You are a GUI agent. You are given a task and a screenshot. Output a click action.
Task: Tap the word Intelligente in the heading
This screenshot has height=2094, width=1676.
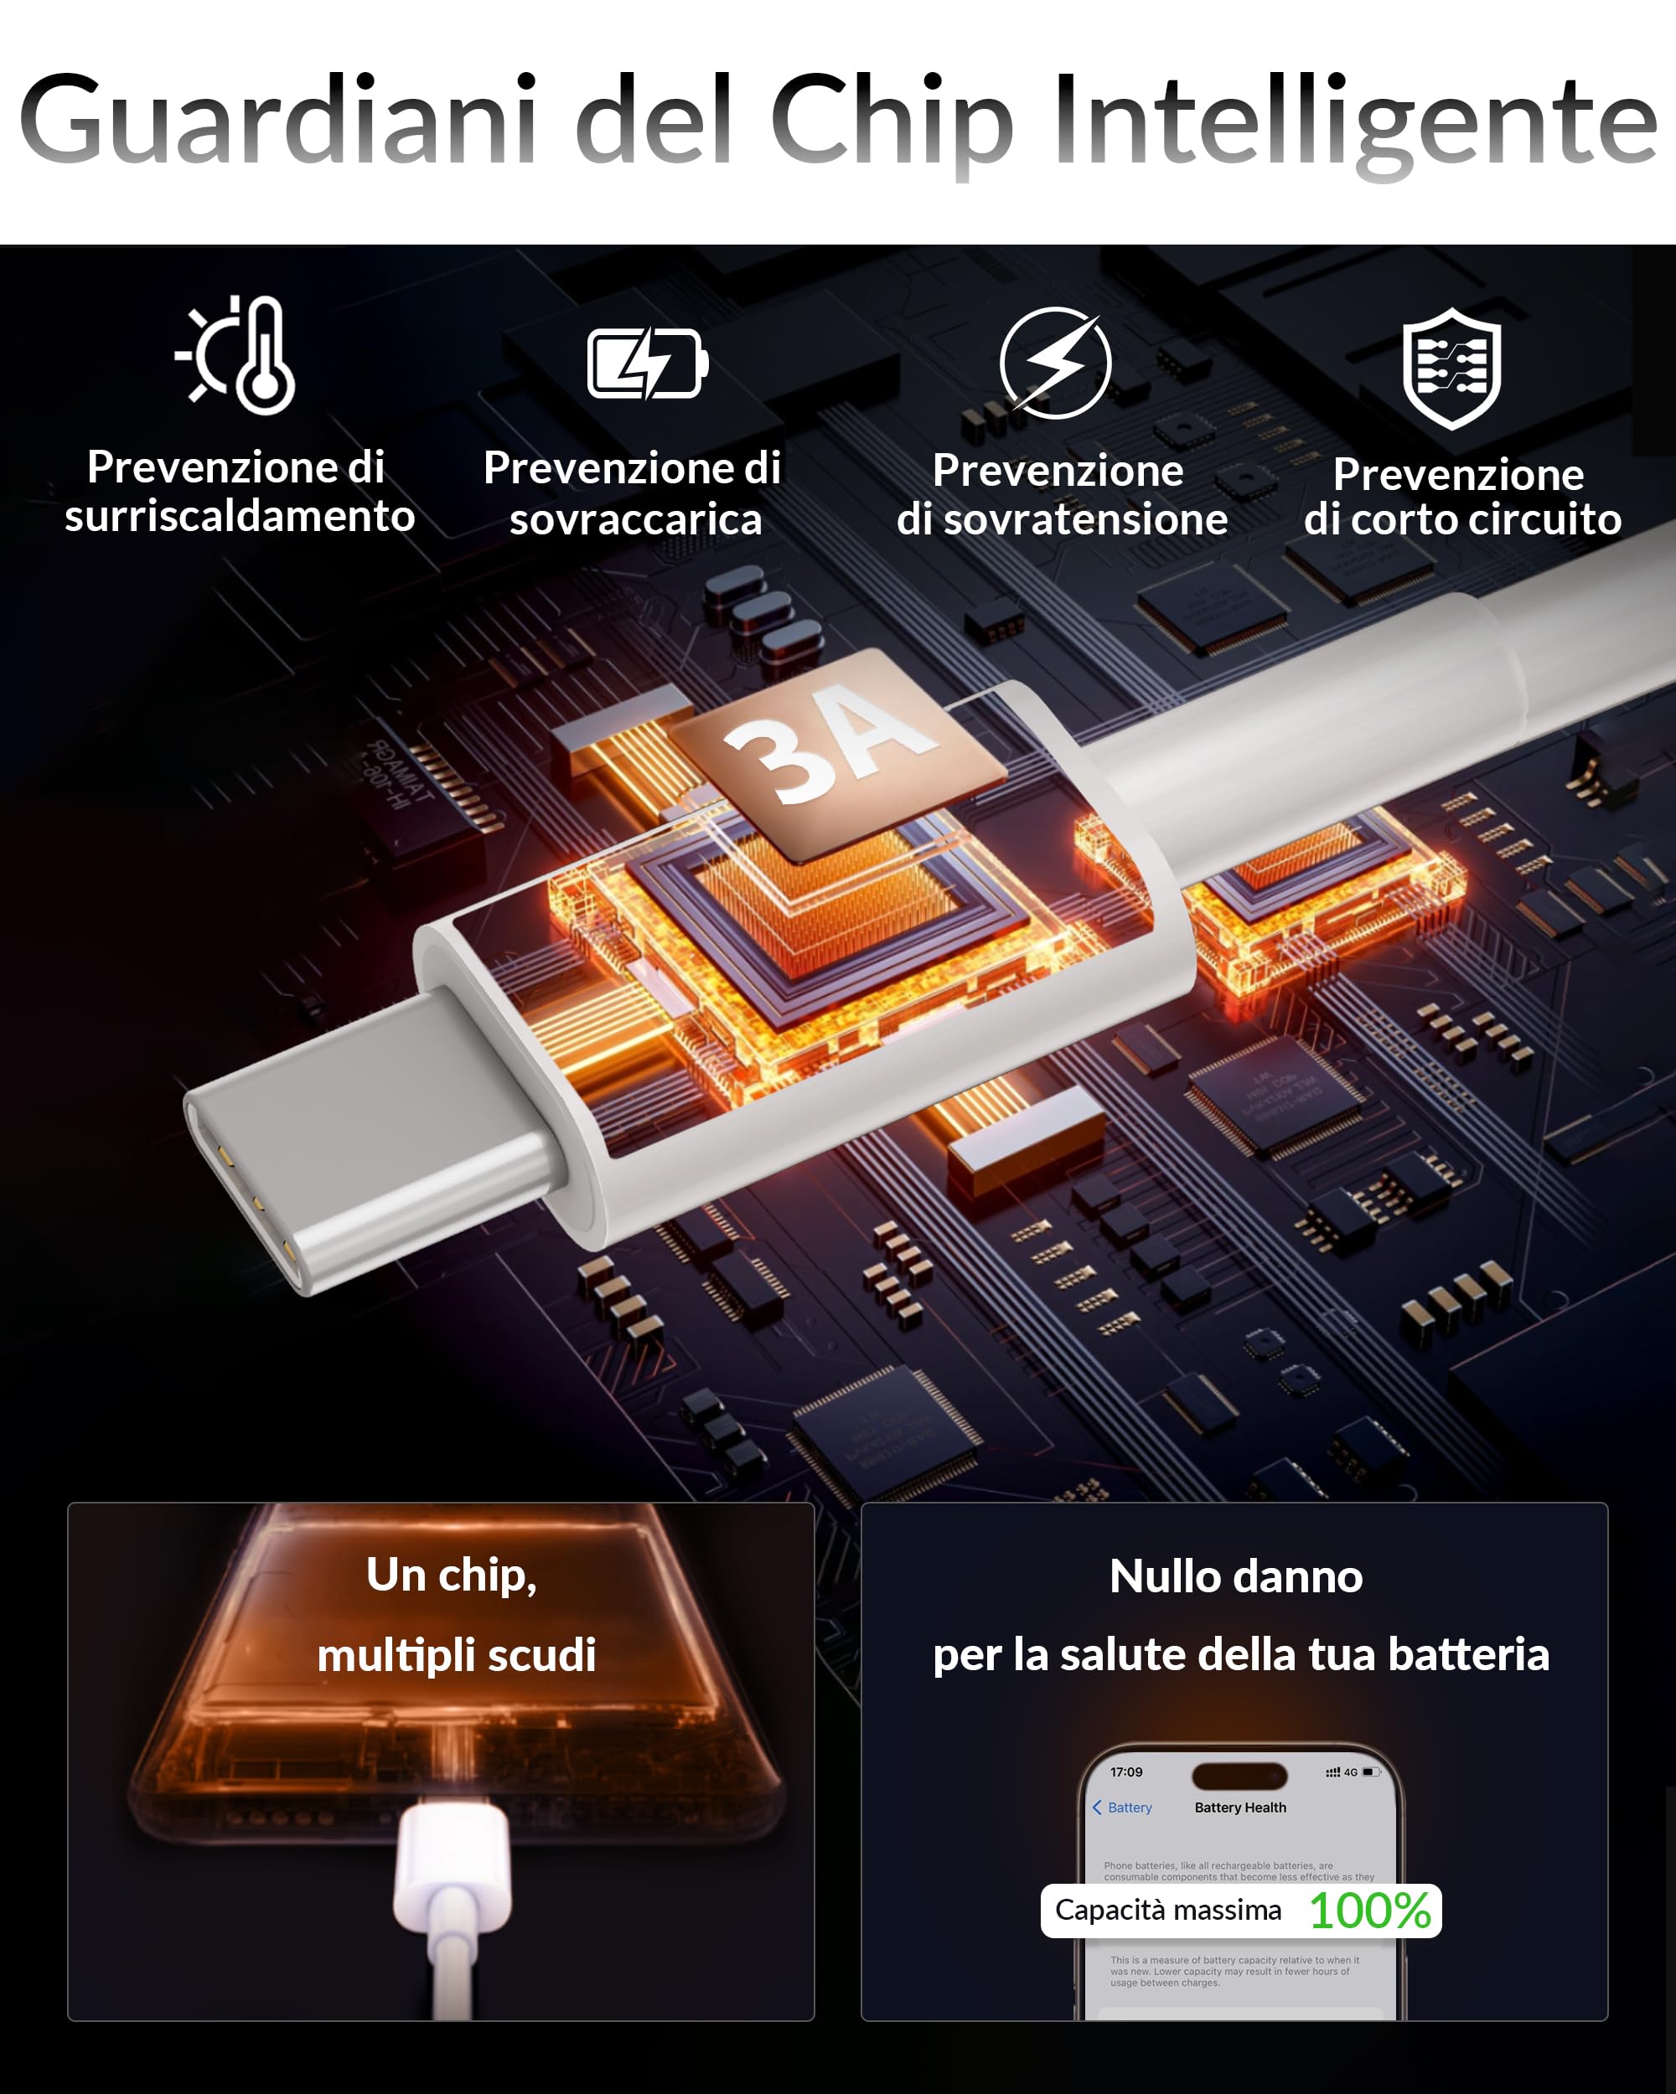point(1354,121)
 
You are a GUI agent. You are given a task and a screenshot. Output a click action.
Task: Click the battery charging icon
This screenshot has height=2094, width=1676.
point(647,364)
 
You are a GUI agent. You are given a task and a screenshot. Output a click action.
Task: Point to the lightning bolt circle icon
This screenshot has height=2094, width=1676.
point(1056,364)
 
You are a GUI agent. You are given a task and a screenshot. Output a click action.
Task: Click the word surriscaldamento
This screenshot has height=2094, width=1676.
point(240,516)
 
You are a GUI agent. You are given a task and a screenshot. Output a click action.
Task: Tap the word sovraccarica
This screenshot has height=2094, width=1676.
point(636,519)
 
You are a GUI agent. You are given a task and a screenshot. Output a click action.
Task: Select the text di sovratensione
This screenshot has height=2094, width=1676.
point(1062,519)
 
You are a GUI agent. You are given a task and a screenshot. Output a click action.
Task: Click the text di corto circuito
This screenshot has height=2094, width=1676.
point(1462,519)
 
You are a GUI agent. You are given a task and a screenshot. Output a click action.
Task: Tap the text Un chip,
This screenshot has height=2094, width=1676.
point(451,1576)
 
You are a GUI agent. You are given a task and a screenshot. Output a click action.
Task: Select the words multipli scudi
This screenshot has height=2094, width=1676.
point(456,1655)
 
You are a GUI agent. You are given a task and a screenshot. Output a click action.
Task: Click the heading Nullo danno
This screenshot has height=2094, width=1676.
point(1236,1576)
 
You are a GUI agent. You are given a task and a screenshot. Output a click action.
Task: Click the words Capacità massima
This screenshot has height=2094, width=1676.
point(1168,1911)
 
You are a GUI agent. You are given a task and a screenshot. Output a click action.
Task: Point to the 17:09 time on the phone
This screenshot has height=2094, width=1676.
point(1126,1772)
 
